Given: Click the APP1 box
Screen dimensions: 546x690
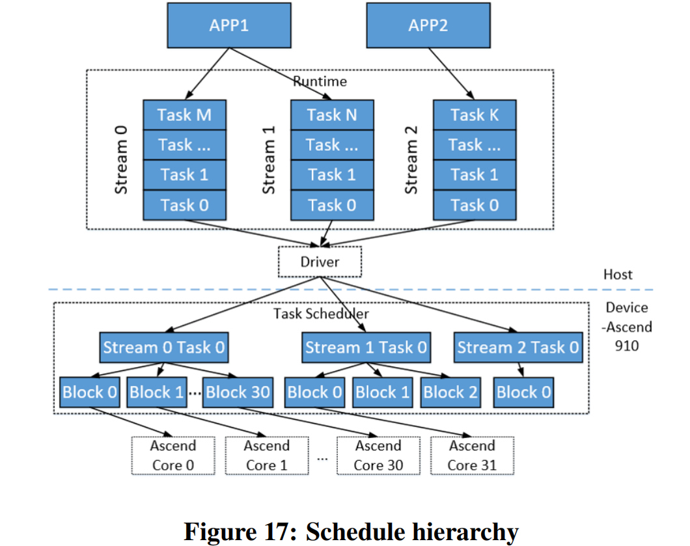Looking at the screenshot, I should click(228, 25).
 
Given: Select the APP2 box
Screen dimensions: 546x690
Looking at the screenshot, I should click(428, 25).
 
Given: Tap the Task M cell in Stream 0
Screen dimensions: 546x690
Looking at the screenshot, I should click(184, 115).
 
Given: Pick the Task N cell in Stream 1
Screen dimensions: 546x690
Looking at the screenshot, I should click(332, 115).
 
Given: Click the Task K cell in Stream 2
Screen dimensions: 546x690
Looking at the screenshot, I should click(475, 115).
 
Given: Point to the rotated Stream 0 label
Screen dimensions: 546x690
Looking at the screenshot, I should click(121, 160).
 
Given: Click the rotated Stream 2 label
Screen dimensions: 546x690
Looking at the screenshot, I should click(411, 160).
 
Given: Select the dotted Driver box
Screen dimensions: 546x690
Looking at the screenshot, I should click(320, 262).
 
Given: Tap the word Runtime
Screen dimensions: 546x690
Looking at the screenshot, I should click(320, 81).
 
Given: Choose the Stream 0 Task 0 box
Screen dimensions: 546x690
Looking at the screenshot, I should click(163, 348).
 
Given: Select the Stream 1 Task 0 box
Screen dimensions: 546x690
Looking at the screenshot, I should click(366, 348).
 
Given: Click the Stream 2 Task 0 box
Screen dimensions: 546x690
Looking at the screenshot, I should click(517, 348).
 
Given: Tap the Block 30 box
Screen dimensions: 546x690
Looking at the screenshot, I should click(237, 392).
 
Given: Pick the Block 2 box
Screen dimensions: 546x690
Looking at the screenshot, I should click(450, 392).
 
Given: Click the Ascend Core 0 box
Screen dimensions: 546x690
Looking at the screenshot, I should click(172, 456).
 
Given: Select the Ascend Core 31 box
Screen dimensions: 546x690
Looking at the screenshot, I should click(472, 456).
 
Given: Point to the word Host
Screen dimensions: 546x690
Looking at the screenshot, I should click(617, 275).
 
